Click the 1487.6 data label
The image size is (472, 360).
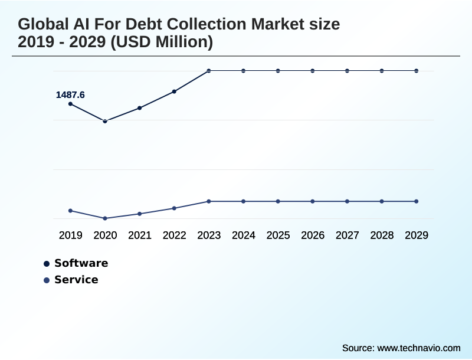[70, 94]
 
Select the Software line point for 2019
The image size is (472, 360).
[71, 104]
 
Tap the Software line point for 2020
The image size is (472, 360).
[105, 121]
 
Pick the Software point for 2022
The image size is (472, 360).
[174, 91]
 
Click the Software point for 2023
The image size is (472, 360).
[209, 71]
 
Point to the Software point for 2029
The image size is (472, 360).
[417, 71]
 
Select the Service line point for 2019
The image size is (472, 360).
[71, 211]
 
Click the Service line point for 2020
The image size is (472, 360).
[105, 218]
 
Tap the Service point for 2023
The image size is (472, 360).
[209, 201]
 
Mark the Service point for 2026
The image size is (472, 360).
[313, 201]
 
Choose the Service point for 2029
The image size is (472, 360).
[417, 201]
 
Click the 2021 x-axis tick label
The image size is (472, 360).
[140, 235]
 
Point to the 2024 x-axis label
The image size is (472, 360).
[244, 235]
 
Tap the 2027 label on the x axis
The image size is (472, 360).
[348, 235]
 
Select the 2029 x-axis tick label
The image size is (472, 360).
[417, 235]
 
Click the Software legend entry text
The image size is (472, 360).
[81, 263]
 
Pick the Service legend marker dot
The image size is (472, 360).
[47, 280]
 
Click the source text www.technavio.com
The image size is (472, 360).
[419, 348]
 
